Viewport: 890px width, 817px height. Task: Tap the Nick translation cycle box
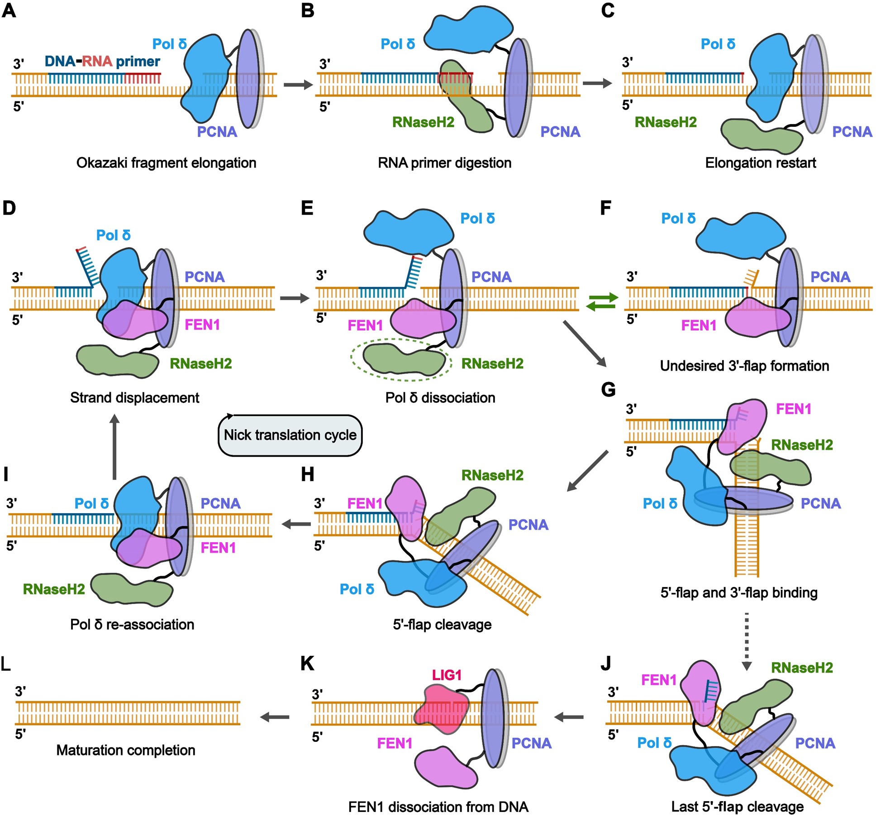290,435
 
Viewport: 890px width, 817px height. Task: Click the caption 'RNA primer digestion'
444,163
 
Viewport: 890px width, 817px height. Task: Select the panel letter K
307,664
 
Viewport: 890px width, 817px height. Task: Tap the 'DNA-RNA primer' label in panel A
102,62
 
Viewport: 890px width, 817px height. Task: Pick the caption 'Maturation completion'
126,750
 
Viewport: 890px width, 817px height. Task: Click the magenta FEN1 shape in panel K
446,768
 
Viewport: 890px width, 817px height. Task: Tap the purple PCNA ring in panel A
248,79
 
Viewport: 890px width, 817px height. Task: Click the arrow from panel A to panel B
298,85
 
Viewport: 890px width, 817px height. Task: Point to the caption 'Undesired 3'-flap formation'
744,366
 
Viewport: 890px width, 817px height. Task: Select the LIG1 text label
447,675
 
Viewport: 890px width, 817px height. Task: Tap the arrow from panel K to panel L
275,717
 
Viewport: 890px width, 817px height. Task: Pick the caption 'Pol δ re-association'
132,625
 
